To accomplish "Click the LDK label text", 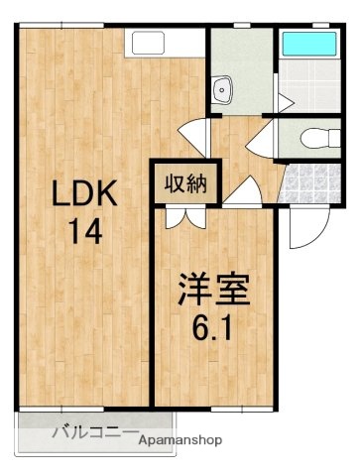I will click(85, 193).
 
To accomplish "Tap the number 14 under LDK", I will click(85, 232).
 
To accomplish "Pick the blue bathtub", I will click(307, 45).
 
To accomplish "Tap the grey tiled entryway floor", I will click(311, 182).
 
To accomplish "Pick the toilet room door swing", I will click(262, 138).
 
